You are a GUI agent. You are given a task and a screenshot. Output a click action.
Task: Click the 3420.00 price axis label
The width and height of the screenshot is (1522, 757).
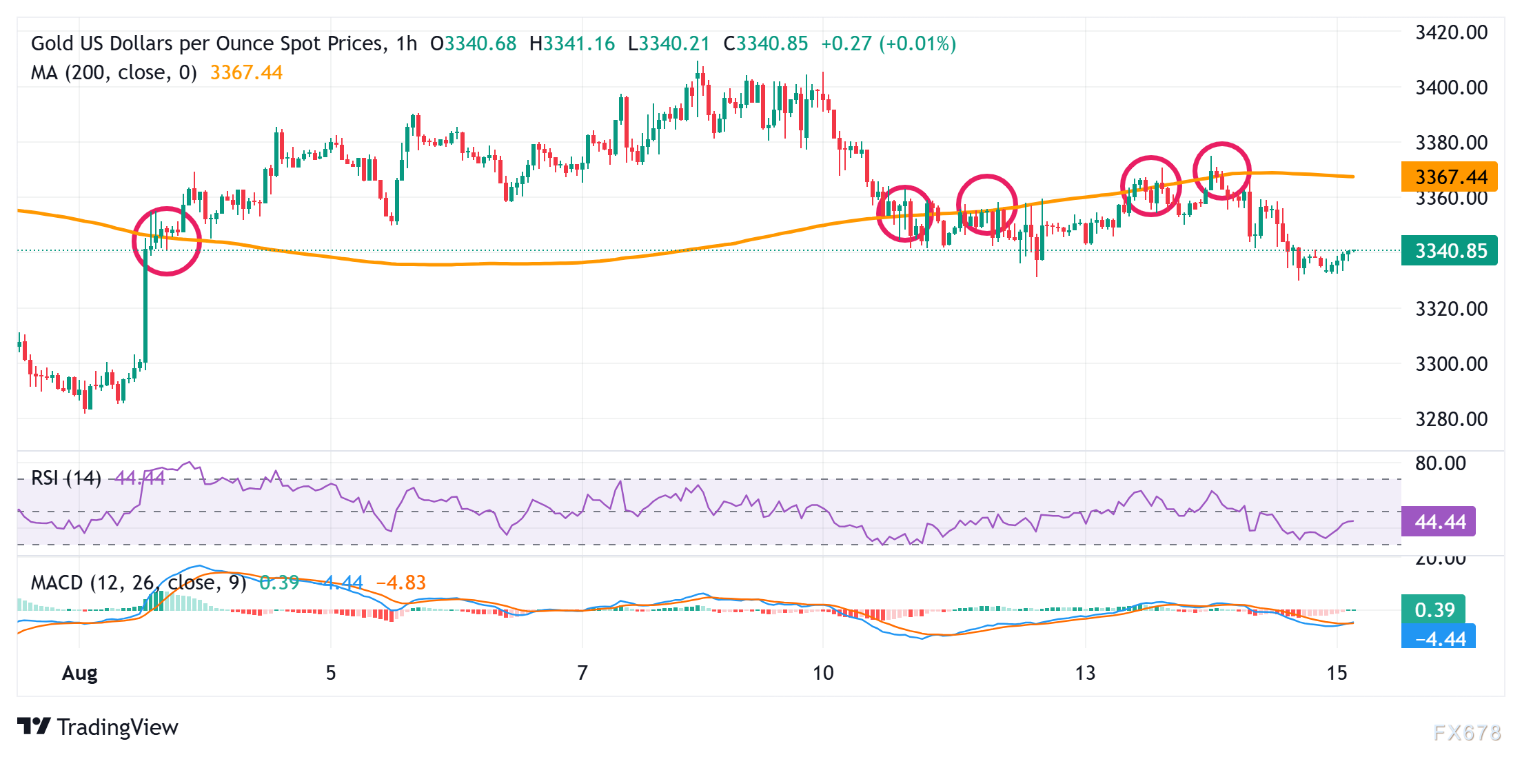tap(1451, 32)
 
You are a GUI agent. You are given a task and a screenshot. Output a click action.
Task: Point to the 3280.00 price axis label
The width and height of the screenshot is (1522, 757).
tap(1451, 418)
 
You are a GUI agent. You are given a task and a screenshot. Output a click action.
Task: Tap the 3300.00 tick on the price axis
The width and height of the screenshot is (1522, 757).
tap(1451, 363)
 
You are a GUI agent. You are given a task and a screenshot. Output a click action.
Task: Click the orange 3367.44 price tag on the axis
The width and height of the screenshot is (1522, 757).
tap(1450, 177)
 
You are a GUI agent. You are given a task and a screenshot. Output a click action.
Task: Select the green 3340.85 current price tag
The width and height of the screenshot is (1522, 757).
tap(1450, 250)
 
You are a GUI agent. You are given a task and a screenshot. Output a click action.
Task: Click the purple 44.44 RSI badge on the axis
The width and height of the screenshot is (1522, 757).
tap(1439, 522)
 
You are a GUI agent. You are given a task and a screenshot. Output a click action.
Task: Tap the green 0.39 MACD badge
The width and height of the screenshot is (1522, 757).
tap(1434, 609)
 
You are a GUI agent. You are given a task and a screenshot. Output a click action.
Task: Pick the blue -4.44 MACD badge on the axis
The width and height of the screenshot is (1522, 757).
tap(1439, 638)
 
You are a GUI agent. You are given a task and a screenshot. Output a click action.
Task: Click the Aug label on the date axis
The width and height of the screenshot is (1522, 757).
tap(80, 673)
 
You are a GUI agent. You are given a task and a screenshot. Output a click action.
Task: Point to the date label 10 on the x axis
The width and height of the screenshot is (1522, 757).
tap(823, 673)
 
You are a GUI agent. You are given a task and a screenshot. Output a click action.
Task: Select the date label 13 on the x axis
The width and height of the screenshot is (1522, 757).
tap(1085, 673)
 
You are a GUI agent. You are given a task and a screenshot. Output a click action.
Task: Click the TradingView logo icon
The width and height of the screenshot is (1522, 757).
tap(34, 727)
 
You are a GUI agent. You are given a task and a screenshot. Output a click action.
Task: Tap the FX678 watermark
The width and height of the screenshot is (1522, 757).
tap(1467, 732)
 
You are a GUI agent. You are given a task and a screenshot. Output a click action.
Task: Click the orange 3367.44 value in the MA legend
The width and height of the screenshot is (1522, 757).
tap(246, 72)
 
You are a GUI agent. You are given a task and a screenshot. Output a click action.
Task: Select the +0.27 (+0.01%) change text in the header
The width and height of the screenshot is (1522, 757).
tap(889, 43)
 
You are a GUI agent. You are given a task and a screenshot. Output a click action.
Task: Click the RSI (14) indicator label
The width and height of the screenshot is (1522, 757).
tap(66, 477)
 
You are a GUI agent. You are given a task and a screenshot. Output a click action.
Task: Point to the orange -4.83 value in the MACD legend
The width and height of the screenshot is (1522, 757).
tap(401, 583)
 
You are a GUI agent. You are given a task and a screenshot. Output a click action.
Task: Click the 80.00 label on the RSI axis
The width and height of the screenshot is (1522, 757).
tap(1441, 463)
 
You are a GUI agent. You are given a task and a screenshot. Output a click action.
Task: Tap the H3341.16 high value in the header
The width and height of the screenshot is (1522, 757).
tap(572, 43)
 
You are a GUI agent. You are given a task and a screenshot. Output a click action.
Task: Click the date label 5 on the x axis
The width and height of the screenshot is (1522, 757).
tap(331, 673)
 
